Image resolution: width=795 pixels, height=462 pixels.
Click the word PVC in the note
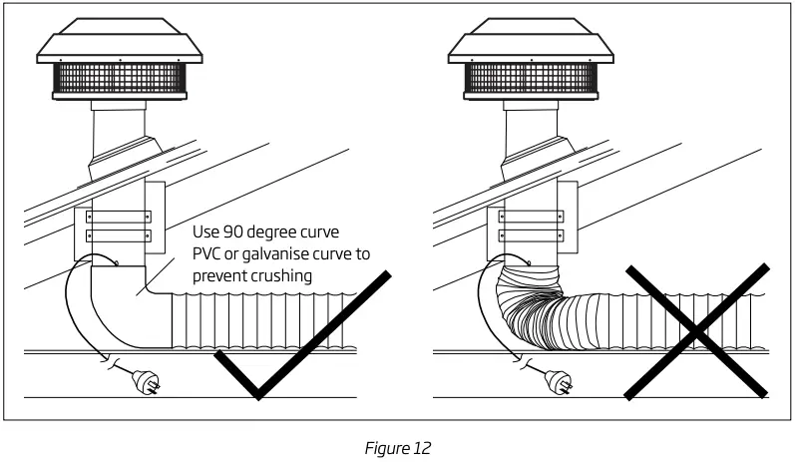pyautogui.click(x=208, y=254)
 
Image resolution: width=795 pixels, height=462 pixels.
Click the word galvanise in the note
pyautogui.click(x=286, y=254)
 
